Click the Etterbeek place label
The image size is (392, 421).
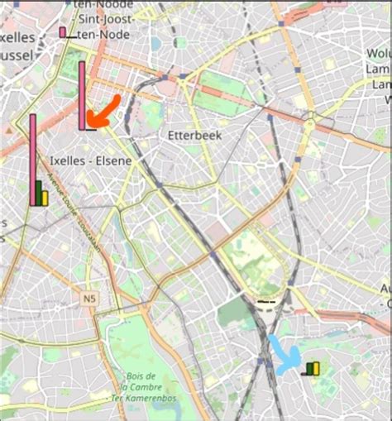point(189,135)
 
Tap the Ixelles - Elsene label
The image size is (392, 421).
point(90,160)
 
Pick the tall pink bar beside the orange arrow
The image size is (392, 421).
point(82,95)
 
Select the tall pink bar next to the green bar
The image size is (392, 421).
point(33,159)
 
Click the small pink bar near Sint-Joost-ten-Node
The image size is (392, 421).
point(62,32)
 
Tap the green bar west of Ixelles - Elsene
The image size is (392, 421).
point(39,194)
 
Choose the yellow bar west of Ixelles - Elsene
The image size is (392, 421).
point(45,199)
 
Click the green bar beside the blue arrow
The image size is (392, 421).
point(309,369)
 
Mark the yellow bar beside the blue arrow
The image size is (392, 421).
point(316,368)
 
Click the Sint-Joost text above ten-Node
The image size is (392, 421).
point(103,17)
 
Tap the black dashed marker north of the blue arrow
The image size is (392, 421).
point(266,302)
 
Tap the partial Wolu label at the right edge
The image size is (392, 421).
point(378,54)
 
